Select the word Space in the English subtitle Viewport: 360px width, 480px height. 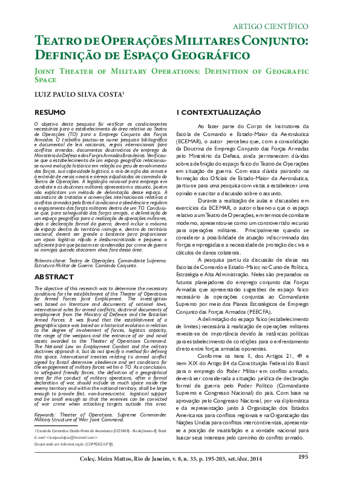45,79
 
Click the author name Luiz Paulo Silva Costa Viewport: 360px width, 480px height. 70,94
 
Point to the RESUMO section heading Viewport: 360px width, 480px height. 50,112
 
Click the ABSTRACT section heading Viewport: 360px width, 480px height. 53,276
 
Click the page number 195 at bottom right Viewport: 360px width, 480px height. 303,457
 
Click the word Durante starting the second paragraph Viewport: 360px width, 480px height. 211,199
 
